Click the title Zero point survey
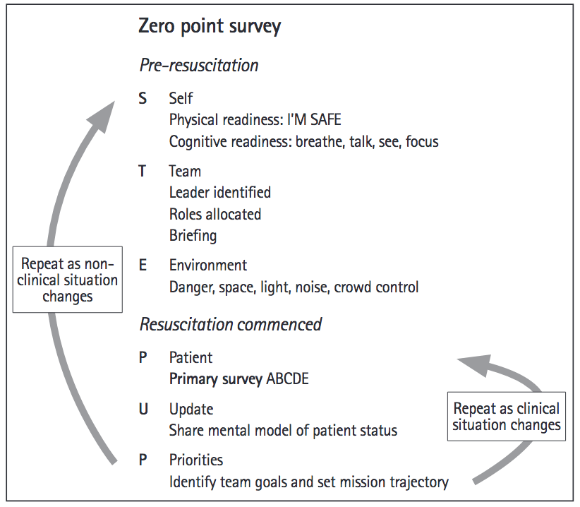[210, 27]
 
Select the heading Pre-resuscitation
[199, 66]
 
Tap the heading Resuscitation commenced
[231, 324]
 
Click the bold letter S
[143, 98]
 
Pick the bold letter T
[143, 171]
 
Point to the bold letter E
[143, 266]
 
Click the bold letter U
[143, 409]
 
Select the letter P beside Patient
[143, 357]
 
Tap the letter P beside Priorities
[143, 460]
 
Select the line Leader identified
[219, 192]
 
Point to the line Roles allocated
[215, 214]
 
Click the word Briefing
[193, 236]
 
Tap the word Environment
[207, 266]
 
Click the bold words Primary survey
[215, 378]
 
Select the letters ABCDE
[287, 378]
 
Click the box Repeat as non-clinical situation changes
[68, 280]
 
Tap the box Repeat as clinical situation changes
[506, 417]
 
